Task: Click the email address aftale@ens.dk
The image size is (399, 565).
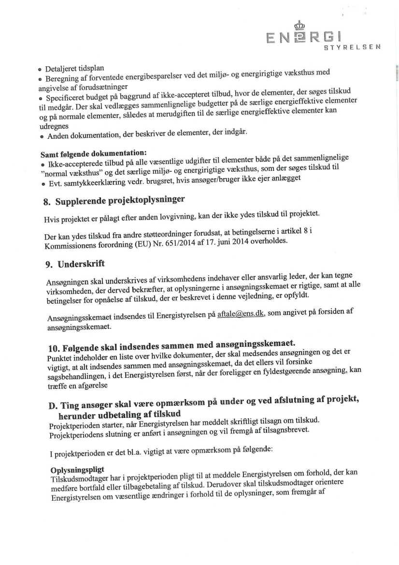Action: coord(241,314)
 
